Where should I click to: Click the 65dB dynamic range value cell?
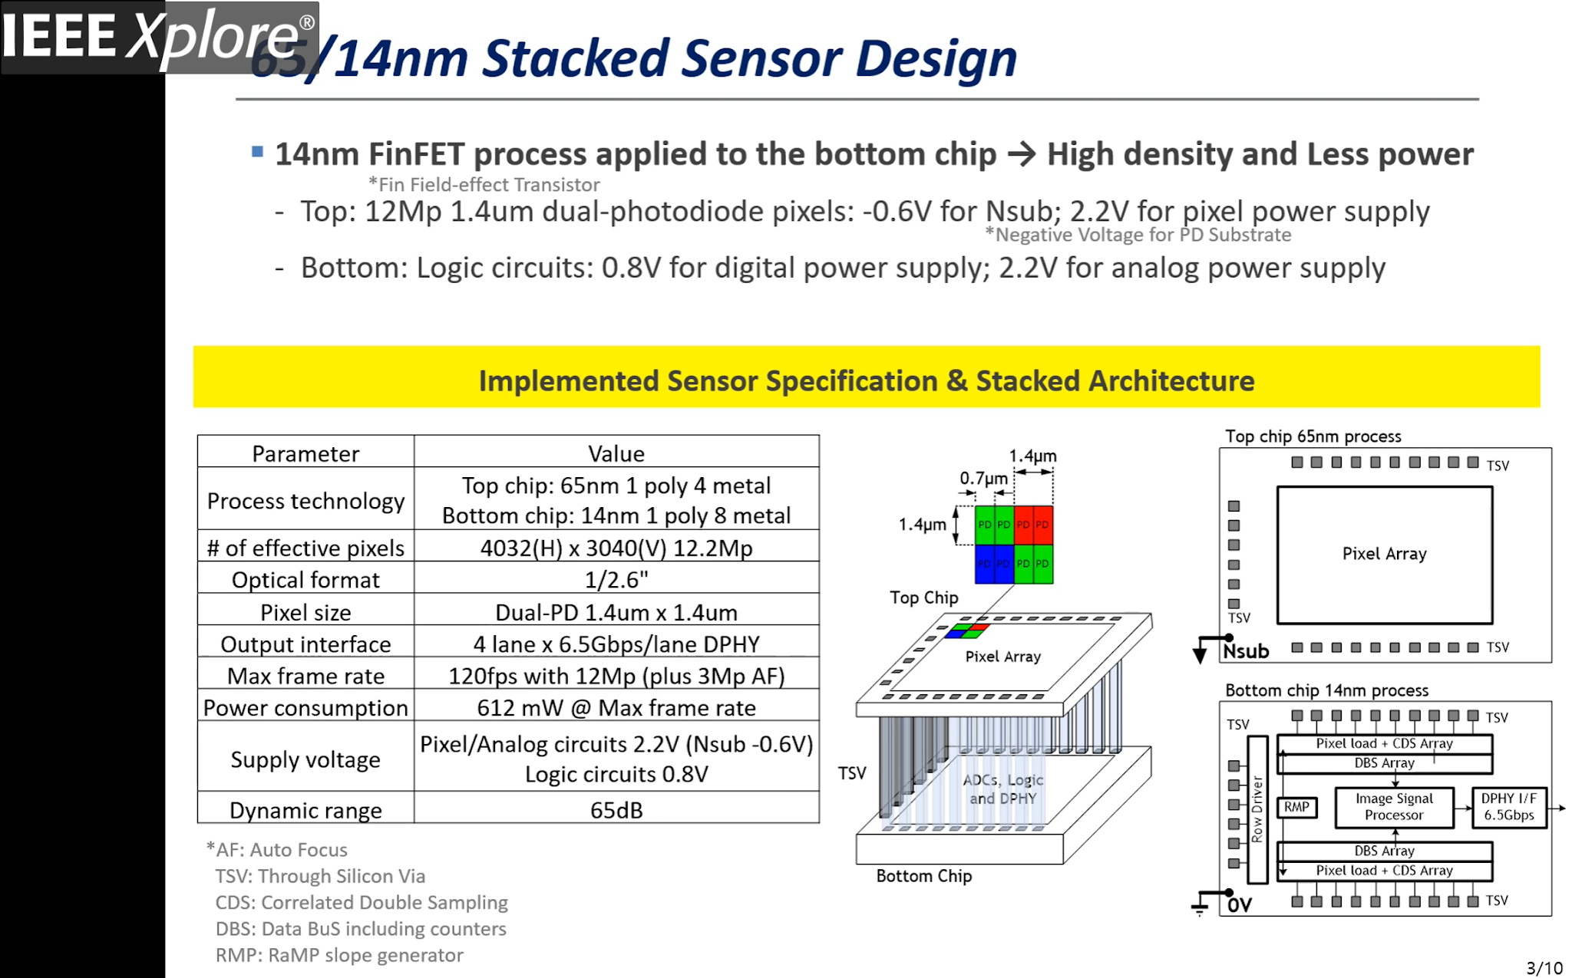pyautogui.click(x=616, y=810)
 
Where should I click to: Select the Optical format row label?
pyautogui.click(x=305, y=580)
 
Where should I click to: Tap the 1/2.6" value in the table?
pyautogui.click(x=616, y=580)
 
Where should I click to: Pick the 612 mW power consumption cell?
pyautogui.click(x=616, y=707)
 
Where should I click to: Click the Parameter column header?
pyautogui.click(x=305, y=453)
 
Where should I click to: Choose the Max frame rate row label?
pyautogui.click(x=305, y=676)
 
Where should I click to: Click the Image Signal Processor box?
pyautogui.click(x=1393, y=807)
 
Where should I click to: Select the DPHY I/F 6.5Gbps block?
pyautogui.click(x=1508, y=807)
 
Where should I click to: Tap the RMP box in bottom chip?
pyautogui.click(x=1296, y=807)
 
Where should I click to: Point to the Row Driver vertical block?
pyautogui.click(x=1257, y=809)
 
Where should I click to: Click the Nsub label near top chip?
pyautogui.click(x=1246, y=651)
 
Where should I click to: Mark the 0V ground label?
pyautogui.click(x=1239, y=905)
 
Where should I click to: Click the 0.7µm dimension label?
pyautogui.click(x=983, y=478)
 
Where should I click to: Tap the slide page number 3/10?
pyautogui.click(x=1544, y=967)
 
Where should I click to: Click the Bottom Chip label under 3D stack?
pyautogui.click(x=923, y=876)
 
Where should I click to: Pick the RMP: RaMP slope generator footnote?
pyautogui.click(x=339, y=955)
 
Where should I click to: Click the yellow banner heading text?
pyautogui.click(x=866, y=380)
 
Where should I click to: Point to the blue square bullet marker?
pyautogui.click(x=258, y=152)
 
